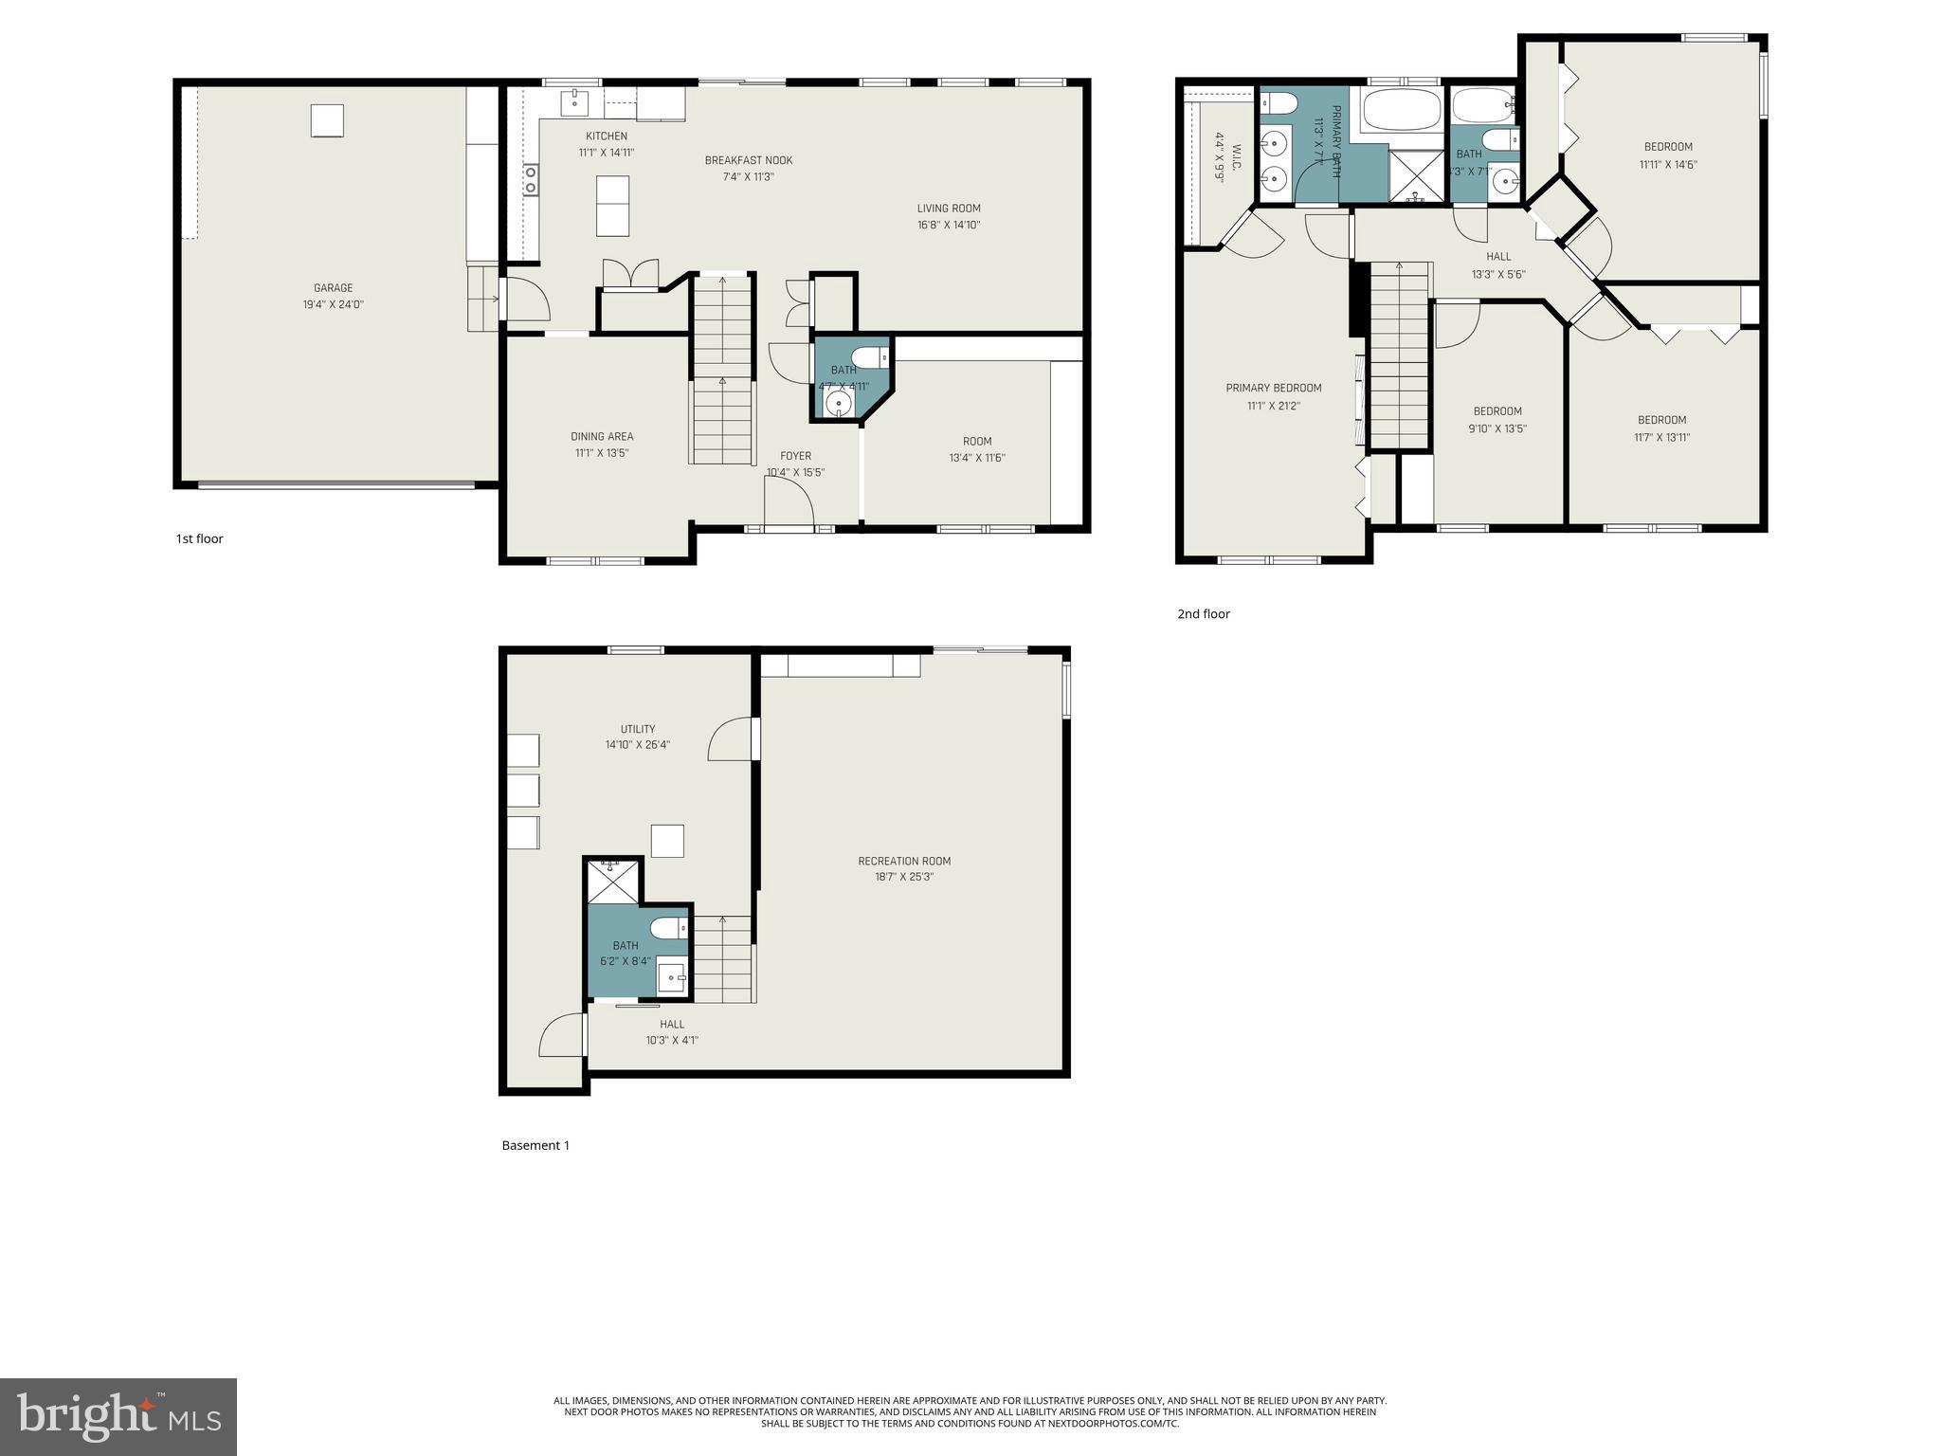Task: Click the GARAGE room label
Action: (333, 288)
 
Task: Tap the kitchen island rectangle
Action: (612, 206)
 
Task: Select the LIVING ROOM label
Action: (948, 209)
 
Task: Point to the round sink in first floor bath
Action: (839, 405)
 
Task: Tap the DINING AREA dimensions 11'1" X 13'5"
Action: (602, 453)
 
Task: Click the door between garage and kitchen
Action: (524, 300)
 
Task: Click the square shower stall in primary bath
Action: (1414, 176)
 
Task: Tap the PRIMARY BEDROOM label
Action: (1273, 388)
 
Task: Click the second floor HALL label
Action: (1498, 257)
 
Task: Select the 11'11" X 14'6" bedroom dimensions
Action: (1668, 164)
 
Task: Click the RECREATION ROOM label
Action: (904, 861)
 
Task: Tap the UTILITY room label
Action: (638, 729)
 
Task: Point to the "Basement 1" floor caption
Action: (535, 1145)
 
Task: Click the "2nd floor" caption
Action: (1204, 613)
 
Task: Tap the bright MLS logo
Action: (118, 1417)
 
